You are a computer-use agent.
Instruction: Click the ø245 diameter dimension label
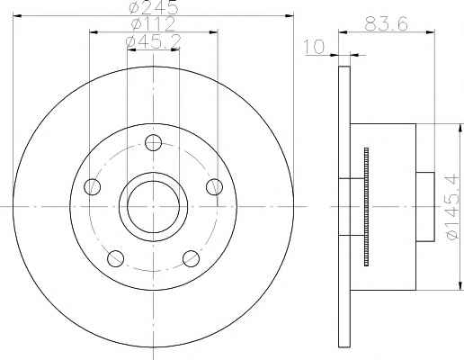[154, 7]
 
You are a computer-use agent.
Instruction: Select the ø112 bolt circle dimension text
[153, 24]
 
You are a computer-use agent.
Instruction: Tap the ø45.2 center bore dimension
[153, 42]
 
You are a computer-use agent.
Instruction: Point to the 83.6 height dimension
[386, 24]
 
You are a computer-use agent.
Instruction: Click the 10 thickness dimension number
[315, 47]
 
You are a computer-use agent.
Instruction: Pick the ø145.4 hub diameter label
[452, 206]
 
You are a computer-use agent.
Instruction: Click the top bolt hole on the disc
[153, 142]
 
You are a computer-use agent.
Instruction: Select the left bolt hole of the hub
[93, 186]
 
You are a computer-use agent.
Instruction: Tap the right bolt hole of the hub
[215, 186]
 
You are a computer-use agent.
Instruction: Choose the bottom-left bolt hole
[115, 258]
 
